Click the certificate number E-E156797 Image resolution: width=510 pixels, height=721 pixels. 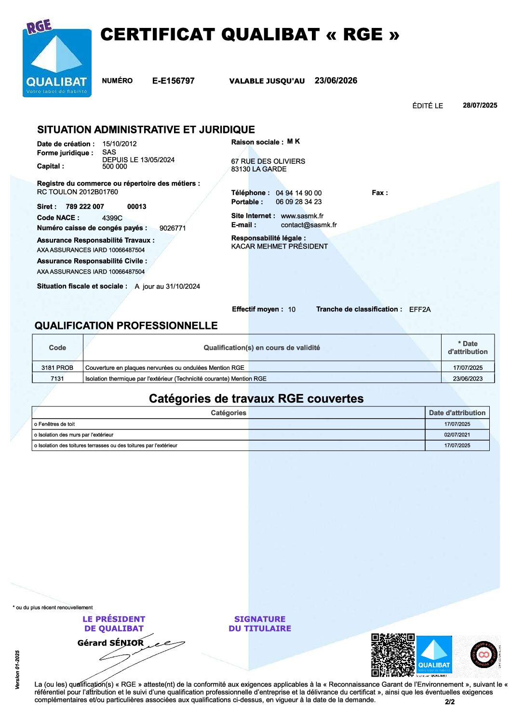tap(173, 81)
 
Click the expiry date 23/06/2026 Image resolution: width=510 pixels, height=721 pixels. tap(336, 80)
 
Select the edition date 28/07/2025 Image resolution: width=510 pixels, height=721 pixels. tap(480, 105)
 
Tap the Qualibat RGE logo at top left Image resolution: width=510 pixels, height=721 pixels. tap(57, 59)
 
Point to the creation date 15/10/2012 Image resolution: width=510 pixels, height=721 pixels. tap(119, 144)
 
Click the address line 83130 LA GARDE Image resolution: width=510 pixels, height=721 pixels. tap(258, 169)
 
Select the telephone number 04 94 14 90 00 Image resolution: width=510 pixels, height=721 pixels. tap(298, 193)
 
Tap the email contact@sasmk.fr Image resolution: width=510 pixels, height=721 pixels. tap(309, 225)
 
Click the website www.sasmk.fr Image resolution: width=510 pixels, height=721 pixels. tap(302, 216)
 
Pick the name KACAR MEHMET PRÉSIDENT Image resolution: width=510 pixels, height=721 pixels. tap(279, 246)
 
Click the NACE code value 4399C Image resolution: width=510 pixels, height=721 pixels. tap(112, 218)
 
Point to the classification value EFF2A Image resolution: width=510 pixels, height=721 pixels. tap(419, 309)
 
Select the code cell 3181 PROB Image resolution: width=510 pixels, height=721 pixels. tap(57, 367)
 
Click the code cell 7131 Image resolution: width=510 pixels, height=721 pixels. tap(57, 379)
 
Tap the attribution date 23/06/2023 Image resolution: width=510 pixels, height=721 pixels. tap(468, 379)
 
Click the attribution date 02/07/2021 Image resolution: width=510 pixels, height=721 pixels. tap(457, 435)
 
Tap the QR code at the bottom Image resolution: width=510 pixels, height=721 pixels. tap(392, 655)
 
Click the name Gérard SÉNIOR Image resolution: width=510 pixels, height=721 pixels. tap(110, 643)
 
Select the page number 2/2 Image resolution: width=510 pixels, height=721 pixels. tap(449, 702)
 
